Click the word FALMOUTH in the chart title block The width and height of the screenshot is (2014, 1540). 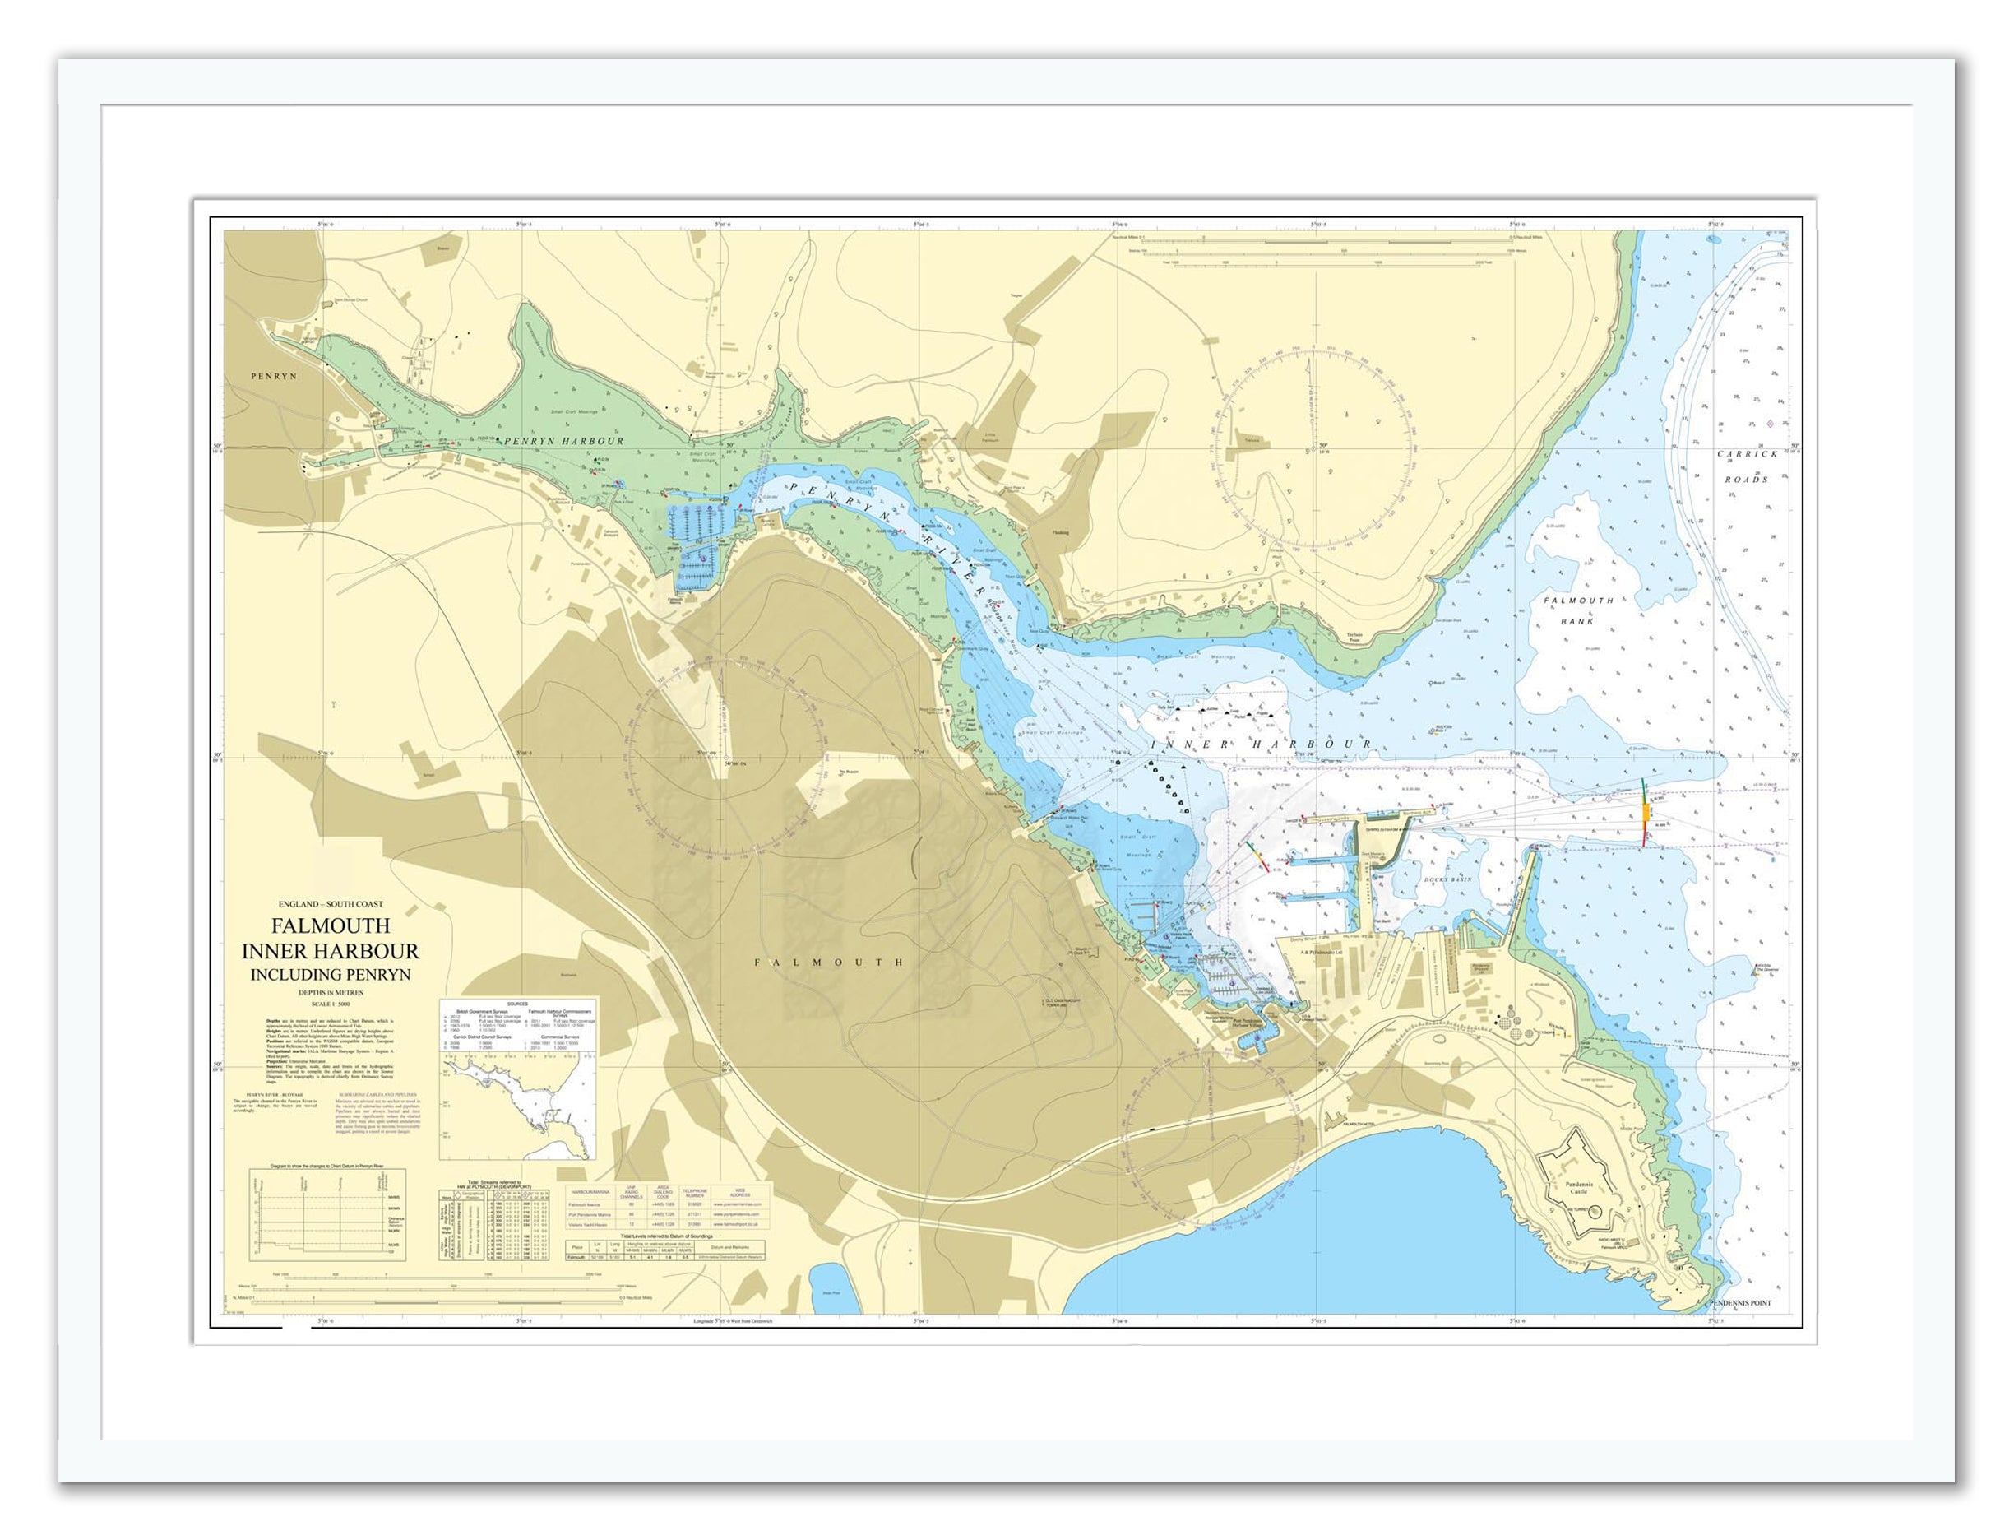coord(329,925)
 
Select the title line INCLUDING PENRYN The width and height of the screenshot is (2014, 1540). coord(331,974)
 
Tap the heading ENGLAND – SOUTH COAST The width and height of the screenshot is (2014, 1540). coord(331,904)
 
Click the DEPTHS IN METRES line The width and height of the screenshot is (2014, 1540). coord(330,992)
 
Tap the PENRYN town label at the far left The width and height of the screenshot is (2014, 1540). coord(275,376)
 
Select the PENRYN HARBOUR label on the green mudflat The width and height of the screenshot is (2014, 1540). coord(563,441)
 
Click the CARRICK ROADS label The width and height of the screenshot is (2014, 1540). coord(1747,466)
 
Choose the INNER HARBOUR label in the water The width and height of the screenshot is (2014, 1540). coord(1262,744)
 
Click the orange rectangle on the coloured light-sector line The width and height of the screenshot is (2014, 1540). coord(1646,812)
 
